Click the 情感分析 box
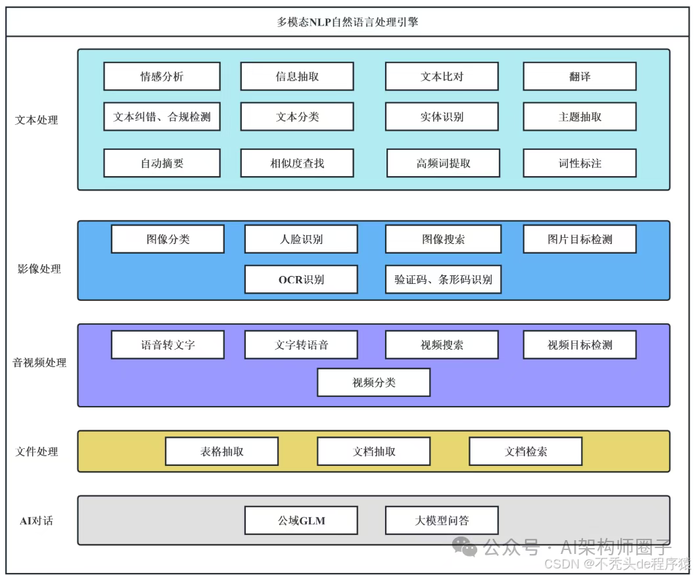pos(162,76)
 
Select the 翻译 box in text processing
pos(579,76)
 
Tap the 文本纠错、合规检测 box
pos(162,117)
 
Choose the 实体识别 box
pos(442,117)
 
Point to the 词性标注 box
pos(579,163)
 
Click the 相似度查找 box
pos(297,163)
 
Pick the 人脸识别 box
pos(301,239)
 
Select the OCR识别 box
pos(301,279)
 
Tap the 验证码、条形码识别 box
pos(443,279)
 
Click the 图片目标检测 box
pos(579,239)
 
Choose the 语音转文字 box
pos(168,345)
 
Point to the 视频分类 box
pos(373,382)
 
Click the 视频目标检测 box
pos(579,345)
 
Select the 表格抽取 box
pos(221,451)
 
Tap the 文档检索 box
pos(525,451)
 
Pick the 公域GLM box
pos(301,520)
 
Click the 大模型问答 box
pos(442,520)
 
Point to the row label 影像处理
pos(39,269)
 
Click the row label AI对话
pos(36,520)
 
